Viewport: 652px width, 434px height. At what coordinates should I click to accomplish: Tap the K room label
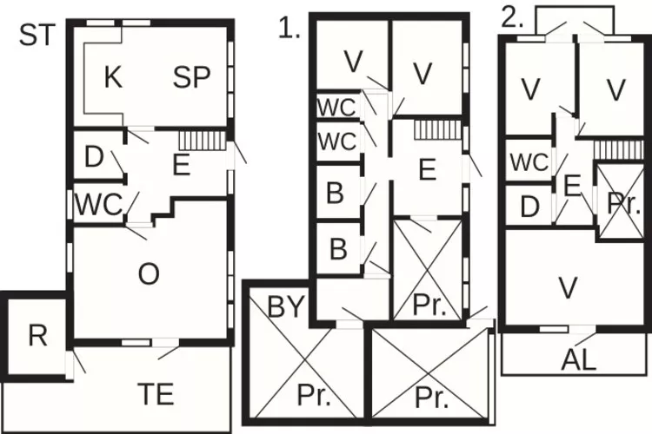pos(113,77)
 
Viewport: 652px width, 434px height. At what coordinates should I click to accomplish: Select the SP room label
pos(192,77)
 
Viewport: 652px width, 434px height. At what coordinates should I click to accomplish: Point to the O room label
pos(149,274)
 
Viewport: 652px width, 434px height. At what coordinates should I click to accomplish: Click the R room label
pos(37,337)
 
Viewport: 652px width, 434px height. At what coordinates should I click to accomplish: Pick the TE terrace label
pos(156,394)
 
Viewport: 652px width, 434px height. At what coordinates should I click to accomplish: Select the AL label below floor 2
pos(579,360)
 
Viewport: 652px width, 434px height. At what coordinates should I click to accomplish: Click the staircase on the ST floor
pos(196,140)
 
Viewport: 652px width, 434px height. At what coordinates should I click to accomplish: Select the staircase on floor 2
pos(617,149)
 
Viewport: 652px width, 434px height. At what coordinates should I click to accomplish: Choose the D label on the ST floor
pos(95,158)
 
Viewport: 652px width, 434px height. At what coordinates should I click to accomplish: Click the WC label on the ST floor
pos(100,205)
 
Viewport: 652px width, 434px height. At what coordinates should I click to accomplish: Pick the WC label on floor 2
pos(529,162)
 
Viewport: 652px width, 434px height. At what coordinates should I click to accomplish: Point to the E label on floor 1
pos(427,170)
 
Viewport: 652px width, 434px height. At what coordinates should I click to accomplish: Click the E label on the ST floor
pos(181,165)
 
